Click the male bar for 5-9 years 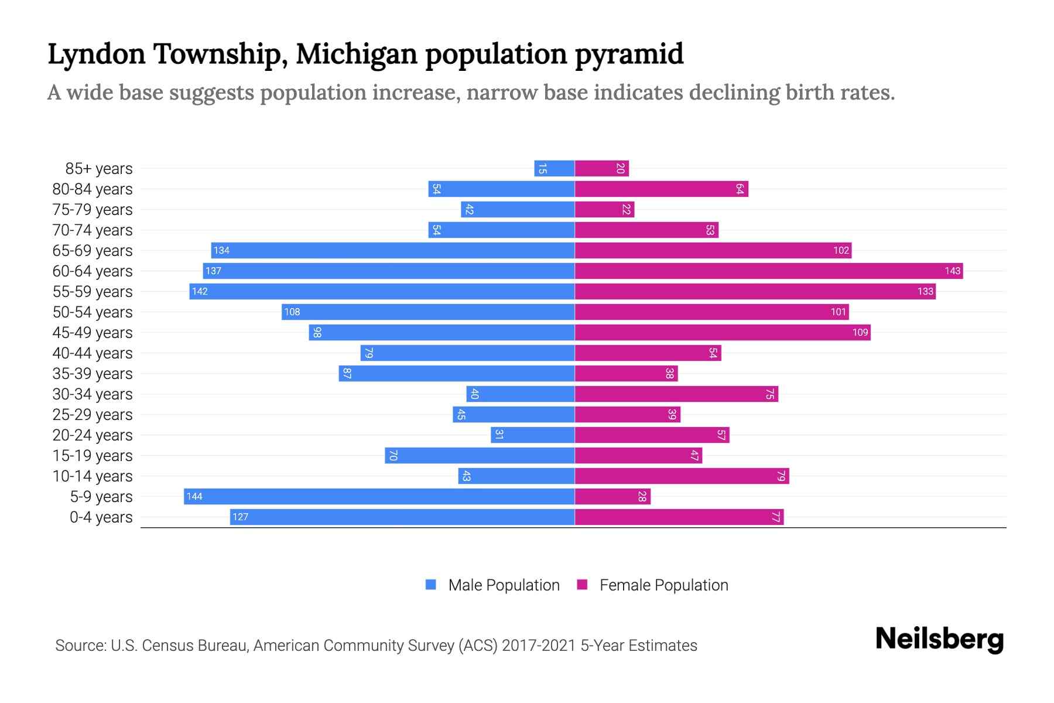pyautogui.click(x=379, y=496)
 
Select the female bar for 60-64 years pyautogui.click(x=768, y=271)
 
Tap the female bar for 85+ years pyautogui.click(x=601, y=168)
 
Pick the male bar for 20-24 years pyautogui.click(x=532, y=435)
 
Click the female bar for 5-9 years pyautogui.click(x=612, y=496)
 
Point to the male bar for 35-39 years pyautogui.click(x=456, y=373)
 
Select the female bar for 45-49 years pyautogui.click(x=722, y=332)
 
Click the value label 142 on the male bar pyautogui.click(x=200, y=292)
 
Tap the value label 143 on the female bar pyautogui.click(x=952, y=271)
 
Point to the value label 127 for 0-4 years pyautogui.click(x=240, y=517)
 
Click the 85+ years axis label pyautogui.click(x=98, y=169)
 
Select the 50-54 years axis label pyautogui.click(x=93, y=312)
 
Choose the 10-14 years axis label pyautogui.click(x=93, y=476)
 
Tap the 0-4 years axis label pyautogui.click(x=101, y=517)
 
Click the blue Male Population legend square pyautogui.click(x=431, y=585)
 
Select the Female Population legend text pyautogui.click(x=663, y=585)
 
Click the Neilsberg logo pyautogui.click(x=939, y=639)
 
